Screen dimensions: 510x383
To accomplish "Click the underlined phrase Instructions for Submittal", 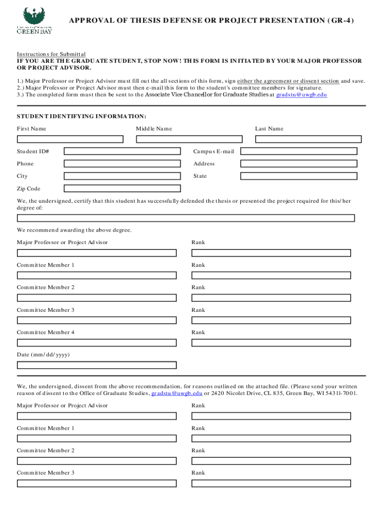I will [x=51, y=54].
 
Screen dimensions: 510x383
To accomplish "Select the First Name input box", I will [x=70, y=139].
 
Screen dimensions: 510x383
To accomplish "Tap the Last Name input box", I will [x=311, y=139].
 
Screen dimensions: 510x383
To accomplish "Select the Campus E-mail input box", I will [x=297, y=151].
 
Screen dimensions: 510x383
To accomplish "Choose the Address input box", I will [x=297, y=164].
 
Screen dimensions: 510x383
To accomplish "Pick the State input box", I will [x=297, y=176].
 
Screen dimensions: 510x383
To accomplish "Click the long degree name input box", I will [x=186, y=218].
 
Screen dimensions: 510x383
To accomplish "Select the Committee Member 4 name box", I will [x=96, y=343].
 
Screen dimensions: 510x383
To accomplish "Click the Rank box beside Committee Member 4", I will [x=271, y=343].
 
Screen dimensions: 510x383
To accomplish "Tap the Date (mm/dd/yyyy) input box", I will [x=96, y=365].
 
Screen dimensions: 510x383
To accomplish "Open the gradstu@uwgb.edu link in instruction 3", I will [x=301, y=95].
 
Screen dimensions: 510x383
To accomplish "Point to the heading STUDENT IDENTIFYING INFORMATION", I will [x=82, y=117].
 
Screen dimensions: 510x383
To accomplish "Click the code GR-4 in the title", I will [x=338, y=20].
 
